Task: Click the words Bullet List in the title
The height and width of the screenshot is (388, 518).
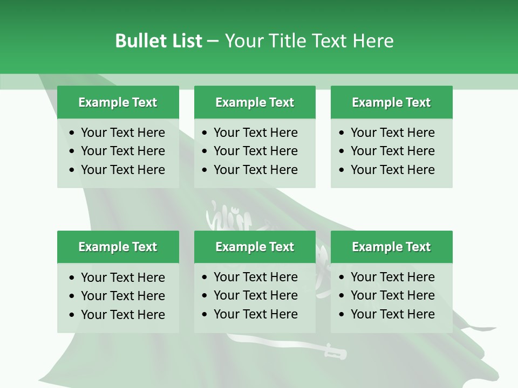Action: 159,41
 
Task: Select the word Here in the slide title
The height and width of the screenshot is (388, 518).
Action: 373,41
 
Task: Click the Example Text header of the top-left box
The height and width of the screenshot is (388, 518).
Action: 118,102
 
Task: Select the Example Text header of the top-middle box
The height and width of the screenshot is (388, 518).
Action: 255,102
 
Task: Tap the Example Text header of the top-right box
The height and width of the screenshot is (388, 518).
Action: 391,102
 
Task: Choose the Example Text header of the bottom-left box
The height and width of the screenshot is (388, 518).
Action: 118,247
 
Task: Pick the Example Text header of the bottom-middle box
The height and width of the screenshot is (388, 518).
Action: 255,247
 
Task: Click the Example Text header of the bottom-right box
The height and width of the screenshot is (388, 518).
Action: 391,247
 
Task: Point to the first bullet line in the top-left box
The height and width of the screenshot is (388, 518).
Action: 122,133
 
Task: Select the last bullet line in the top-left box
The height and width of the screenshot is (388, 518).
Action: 122,170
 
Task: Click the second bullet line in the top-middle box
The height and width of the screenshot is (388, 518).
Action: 255,151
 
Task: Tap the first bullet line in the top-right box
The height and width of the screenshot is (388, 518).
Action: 392,133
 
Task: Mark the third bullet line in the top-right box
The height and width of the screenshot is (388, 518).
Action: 392,170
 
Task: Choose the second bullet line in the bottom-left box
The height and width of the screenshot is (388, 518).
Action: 122,296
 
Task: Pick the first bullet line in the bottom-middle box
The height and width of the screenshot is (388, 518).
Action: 255,277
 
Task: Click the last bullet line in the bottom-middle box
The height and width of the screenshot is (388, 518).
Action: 255,314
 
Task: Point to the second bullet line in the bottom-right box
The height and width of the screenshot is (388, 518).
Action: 392,295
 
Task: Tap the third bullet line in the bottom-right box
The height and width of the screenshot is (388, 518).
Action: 392,314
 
